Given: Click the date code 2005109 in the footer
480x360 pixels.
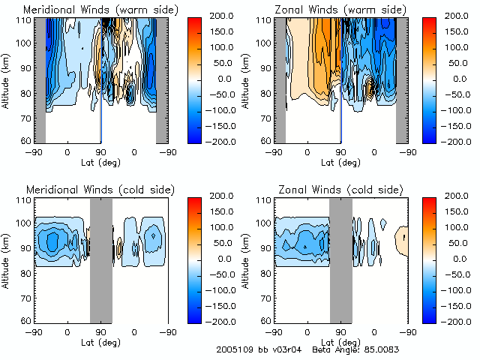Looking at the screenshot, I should tap(234, 349).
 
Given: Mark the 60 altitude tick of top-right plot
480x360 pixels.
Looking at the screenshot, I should tap(267, 141).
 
